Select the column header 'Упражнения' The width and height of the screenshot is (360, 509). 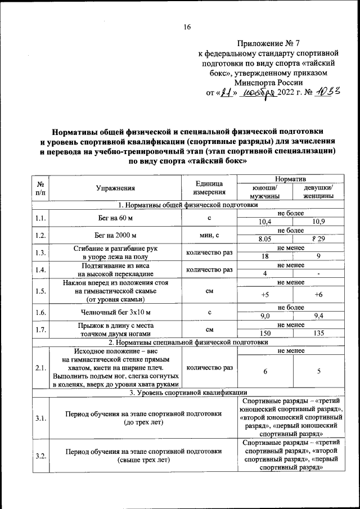coord(115,189)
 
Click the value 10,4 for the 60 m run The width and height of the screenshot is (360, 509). coord(257,222)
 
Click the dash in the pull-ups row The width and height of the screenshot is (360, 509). coord(318,274)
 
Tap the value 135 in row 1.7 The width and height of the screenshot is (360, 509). coord(318,334)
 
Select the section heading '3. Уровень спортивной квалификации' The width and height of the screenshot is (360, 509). coord(187,393)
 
